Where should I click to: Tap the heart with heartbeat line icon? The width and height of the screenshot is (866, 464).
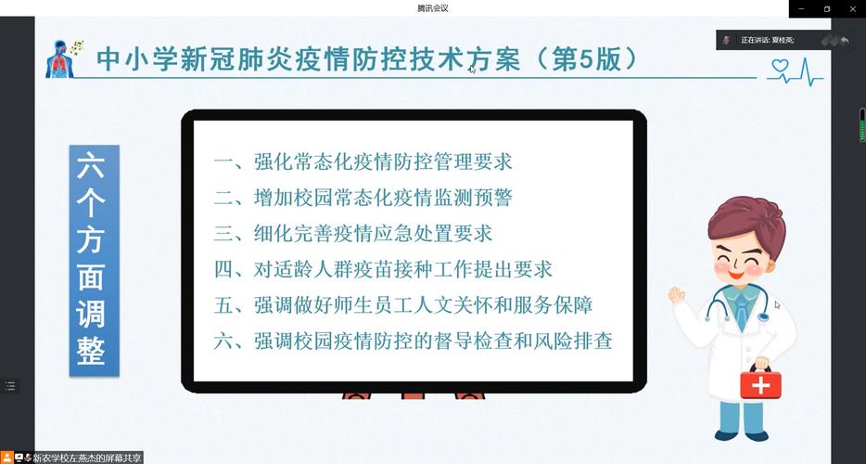pos(795,71)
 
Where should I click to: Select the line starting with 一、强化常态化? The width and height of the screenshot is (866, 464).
pos(363,161)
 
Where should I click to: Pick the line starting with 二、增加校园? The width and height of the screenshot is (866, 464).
pos(363,197)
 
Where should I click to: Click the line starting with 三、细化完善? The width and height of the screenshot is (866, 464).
pos(353,233)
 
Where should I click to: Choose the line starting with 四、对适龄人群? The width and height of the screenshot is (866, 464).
pos(383,269)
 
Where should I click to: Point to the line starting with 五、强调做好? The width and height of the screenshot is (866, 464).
pos(403,304)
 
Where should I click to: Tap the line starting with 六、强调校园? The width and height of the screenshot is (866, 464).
pos(414,341)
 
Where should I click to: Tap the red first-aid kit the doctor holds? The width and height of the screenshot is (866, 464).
pos(760,383)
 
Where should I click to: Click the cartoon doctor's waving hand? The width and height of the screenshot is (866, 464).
pos(677,294)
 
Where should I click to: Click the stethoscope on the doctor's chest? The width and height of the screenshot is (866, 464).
pos(737,311)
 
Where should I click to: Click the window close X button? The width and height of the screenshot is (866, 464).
pos(850,8)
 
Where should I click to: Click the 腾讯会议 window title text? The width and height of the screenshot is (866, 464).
pos(433,8)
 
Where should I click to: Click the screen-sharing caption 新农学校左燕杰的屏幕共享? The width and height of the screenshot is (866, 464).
pos(87,458)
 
